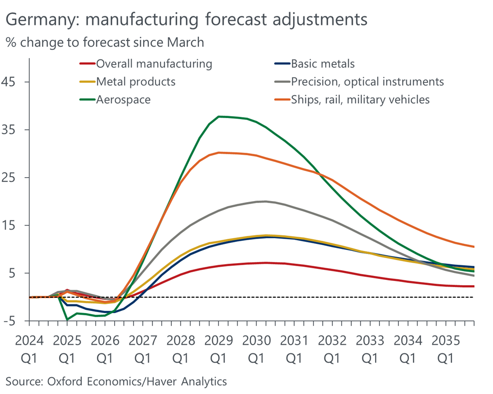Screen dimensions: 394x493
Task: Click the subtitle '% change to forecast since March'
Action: [105, 42]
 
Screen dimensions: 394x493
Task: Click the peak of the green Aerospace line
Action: [219, 117]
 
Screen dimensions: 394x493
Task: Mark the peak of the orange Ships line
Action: [219, 152]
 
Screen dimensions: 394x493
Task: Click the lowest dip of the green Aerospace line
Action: [67, 320]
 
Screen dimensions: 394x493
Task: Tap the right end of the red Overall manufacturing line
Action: [474, 286]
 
